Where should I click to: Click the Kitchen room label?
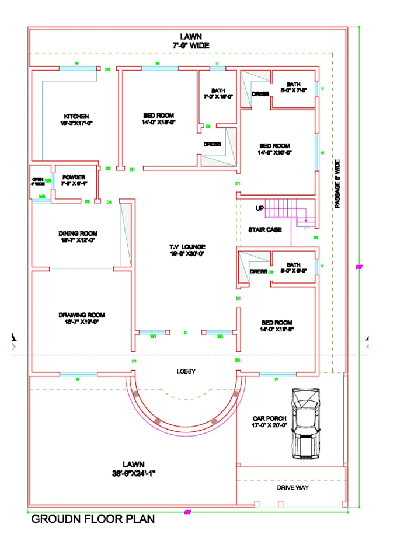tap(76, 119)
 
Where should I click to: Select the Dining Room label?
tap(76, 235)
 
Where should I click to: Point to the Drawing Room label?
tap(82, 318)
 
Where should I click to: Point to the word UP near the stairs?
tap(260, 208)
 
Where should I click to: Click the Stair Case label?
tap(265, 229)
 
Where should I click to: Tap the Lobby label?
tap(186, 371)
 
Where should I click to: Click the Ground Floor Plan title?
tap(93, 519)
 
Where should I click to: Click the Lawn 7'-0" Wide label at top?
tap(190, 40)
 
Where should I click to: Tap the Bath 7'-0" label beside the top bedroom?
tap(218, 93)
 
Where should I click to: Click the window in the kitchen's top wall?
tap(78, 69)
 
